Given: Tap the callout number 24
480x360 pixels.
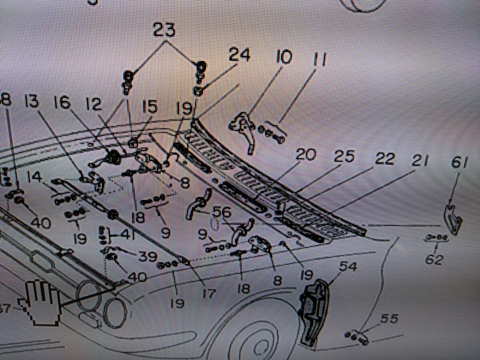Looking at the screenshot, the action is (239, 55).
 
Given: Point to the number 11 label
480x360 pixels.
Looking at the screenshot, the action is (318, 60).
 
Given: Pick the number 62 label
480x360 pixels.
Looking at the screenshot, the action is (434, 260).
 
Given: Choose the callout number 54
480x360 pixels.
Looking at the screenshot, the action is (348, 266).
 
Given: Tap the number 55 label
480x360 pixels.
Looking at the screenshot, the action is (389, 319).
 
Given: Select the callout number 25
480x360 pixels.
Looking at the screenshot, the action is (344, 157).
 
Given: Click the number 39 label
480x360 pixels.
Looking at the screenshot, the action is (148, 256).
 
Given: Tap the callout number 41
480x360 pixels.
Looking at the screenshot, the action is (125, 234).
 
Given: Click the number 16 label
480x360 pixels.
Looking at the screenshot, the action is (62, 104).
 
